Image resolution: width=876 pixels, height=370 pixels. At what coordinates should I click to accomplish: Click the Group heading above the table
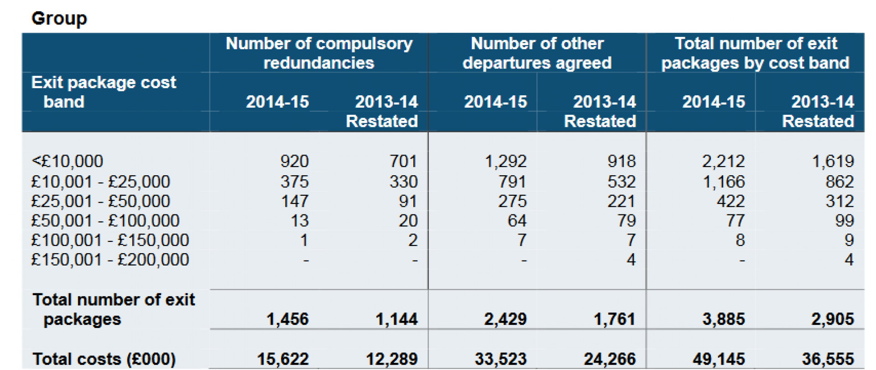click(x=59, y=19)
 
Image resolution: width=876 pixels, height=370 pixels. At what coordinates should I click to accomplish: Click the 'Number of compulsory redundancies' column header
click(x=318, y=53)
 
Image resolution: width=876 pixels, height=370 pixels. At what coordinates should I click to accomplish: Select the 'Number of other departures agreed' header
click(x=537, y=53)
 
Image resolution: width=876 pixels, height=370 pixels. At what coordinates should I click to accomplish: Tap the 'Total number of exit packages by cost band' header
click(x=755, y=53)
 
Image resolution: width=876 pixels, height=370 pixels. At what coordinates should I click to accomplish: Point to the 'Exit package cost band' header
click(x=103, y=92)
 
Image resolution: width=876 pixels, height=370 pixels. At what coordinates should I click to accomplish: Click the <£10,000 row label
click(x=67, y=161)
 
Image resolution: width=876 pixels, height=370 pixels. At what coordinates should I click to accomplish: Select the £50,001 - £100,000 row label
click(x=105, y=221)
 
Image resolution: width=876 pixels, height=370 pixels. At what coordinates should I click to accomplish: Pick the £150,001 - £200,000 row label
click(x=109, y=260)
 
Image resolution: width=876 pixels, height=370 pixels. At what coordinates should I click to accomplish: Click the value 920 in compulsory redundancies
click(x=294, y=161)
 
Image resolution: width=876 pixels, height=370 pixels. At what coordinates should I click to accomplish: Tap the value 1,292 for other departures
click(x=506, y=161)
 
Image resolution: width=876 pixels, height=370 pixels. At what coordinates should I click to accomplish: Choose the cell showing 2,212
click(x=724, y=161)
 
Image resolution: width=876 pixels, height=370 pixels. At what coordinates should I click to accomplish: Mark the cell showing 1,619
click(x=833, y=161)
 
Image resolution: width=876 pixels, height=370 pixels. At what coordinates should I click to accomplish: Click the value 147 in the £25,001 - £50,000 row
click(x=295, y=201)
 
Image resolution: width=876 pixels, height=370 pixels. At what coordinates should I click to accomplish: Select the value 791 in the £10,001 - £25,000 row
click(x=512, y=182)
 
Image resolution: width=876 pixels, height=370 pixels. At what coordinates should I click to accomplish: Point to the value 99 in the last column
click(x=844, y=221)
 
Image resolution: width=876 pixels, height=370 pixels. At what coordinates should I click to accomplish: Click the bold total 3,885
click(x=724, y=319)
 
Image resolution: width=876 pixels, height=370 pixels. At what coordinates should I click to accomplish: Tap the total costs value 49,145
click(x=719, y=359)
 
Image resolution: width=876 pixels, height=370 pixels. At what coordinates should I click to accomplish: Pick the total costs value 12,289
click(x=391, y=359)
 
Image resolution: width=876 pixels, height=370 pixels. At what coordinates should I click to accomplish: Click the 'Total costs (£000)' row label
click(x=104, y=359)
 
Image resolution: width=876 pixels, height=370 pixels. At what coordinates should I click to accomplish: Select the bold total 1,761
click(x=614, y=319)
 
